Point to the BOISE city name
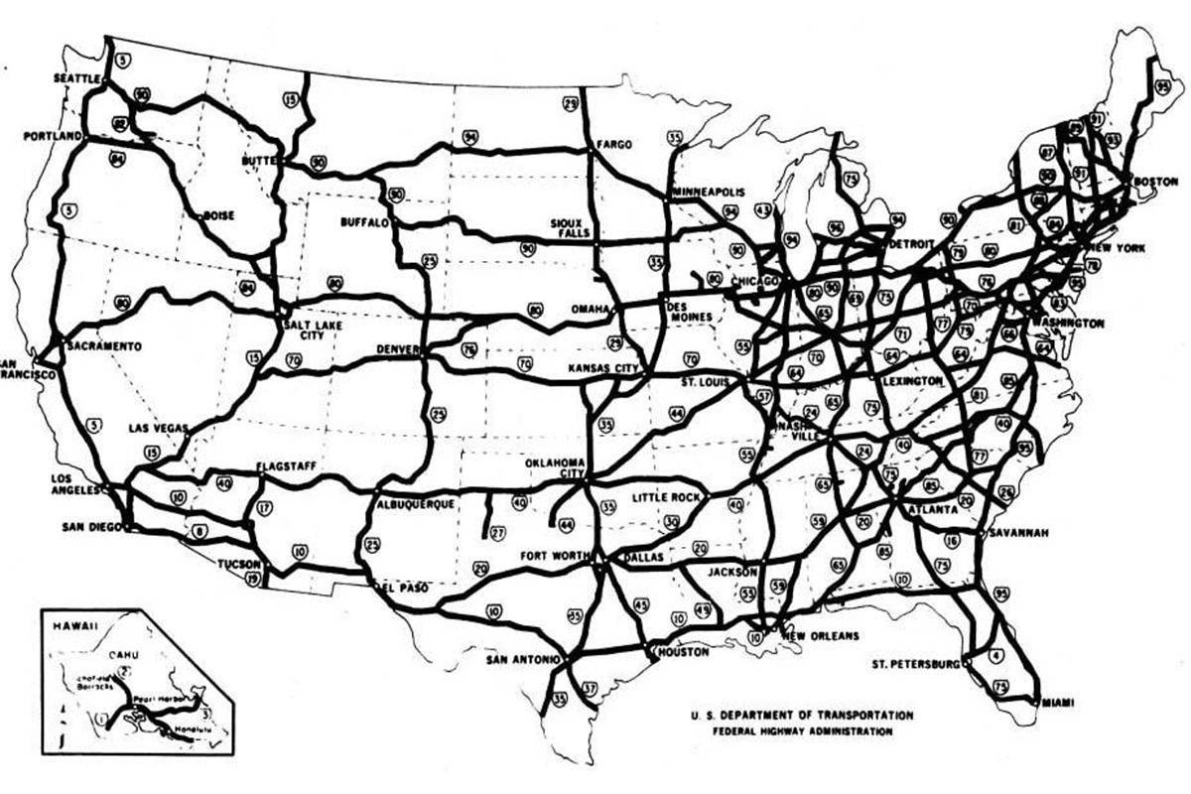pyautogui.click(x=217, y=214)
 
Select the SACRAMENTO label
pyautogui.click(x=106, y=345)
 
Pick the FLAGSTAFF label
pyautogui.click(x=286, y=464)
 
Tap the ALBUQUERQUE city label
pyautogui.click(x=416, y=504)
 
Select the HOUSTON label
pyautogui.click(x=683, y=652)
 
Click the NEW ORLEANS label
pyautogui.click(x=820, y=636)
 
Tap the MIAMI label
pyautogui.click(x=1060, y=702)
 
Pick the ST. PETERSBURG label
pyautogui.click(x=915, y=662)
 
